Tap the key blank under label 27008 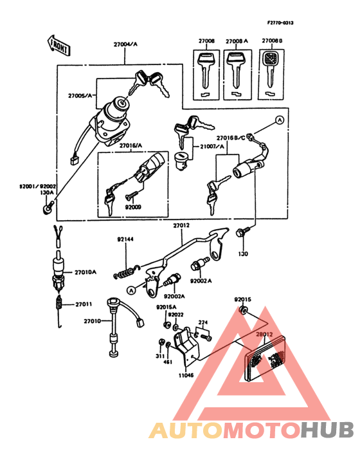[x=205, y=71]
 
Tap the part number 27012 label [x=181, y=226]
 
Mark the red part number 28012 [x=265, y=335]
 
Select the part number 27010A [x=85, y=272]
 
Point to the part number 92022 [x=176, y=315]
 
